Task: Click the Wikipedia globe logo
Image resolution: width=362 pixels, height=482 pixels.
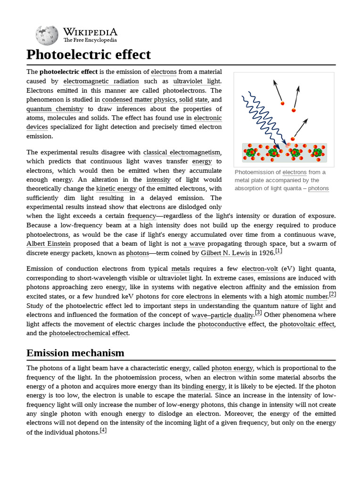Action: pos(47,35)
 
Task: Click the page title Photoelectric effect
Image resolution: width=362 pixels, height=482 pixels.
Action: pos(89,55)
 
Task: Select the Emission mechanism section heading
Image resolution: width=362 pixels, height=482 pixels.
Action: pos(75,353)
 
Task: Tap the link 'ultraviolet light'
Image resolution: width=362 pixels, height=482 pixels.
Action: pos(197,81)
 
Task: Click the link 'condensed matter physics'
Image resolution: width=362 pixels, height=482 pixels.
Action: pos(139,99)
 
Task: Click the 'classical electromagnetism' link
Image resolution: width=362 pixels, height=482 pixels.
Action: pos(182,152)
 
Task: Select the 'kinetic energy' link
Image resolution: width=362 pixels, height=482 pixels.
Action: pos(116,189)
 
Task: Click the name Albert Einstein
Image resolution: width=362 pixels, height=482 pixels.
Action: pos(49,243)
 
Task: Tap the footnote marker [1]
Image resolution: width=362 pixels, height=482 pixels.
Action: pos(279,251)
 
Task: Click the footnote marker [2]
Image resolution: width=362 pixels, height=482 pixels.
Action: pos(332,294)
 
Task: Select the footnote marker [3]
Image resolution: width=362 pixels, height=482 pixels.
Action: pos(258,313)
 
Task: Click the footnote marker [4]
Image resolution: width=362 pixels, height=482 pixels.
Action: pos(103,430)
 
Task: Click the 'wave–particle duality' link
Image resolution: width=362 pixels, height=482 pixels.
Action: pos(222,315)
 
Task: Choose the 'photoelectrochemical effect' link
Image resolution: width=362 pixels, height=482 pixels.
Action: pos(89,333)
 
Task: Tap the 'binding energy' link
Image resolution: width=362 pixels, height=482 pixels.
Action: pos(203,386)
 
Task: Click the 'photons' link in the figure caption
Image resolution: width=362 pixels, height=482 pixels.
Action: pos(318,188)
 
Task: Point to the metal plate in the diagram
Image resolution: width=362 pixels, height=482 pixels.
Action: pos(284,153)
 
